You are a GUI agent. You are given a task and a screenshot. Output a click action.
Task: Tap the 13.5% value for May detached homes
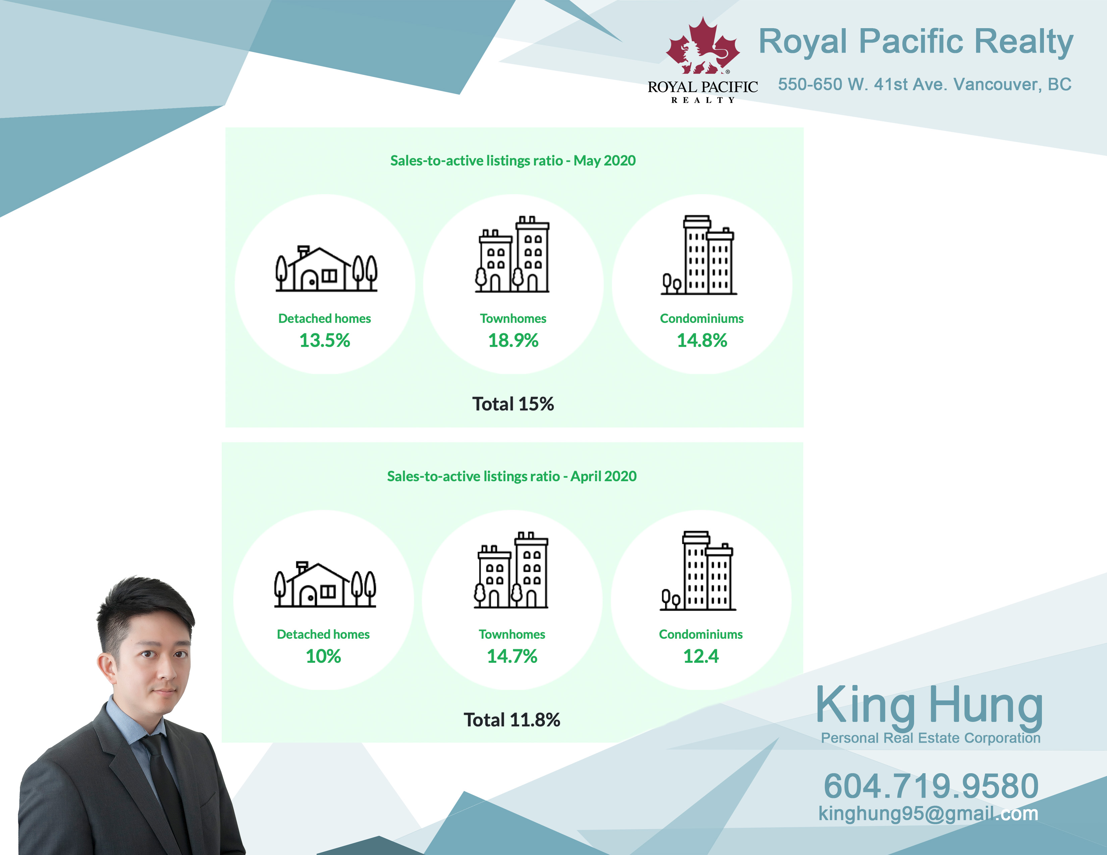tap(324, 340)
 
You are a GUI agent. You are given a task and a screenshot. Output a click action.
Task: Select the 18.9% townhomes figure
tap(513, 340)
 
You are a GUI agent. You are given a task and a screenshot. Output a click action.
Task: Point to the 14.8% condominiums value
tap(702, 340)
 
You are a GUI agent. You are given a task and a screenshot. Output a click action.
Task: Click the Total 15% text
tap(513, 404)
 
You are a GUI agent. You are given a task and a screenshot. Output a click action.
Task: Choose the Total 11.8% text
tap(512, 720)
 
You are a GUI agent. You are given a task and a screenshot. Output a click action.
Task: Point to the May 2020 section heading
tap(513, 161)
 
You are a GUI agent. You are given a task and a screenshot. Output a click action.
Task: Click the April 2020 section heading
tap(512, 476)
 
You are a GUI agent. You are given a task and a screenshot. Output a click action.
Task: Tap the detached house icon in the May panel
tap(326, 269)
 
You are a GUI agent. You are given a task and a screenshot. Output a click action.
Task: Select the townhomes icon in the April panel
tap(511, 570)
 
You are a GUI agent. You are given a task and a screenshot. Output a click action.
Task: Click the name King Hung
tap(930, 705)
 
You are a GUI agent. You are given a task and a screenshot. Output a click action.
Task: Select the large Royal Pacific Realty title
tap(915, 42)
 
